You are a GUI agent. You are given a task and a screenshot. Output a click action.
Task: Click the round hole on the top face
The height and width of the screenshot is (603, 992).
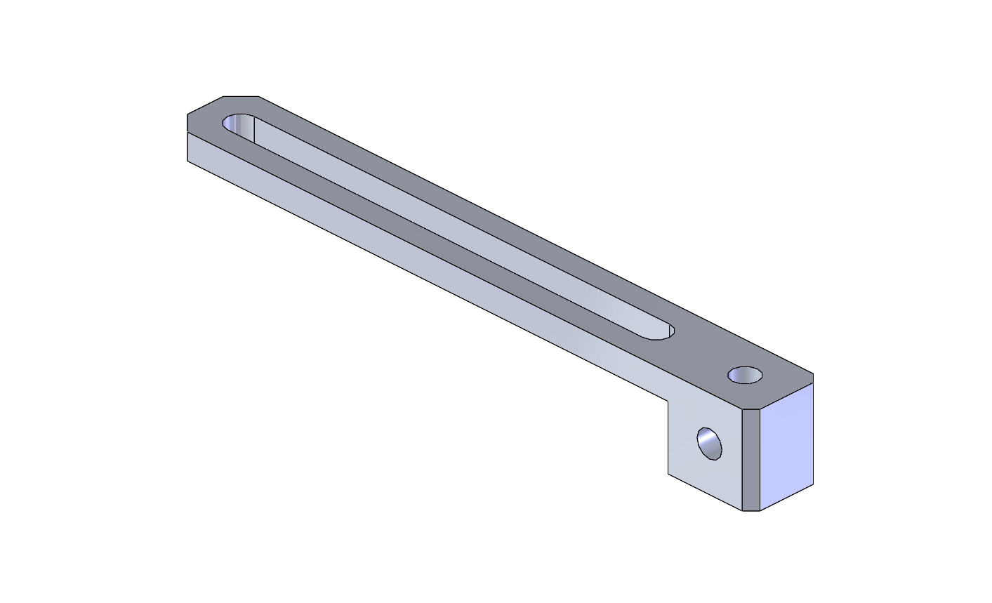[x=745, y=375]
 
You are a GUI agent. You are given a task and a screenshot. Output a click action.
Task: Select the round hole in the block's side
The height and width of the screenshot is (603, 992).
[x=709, y=443]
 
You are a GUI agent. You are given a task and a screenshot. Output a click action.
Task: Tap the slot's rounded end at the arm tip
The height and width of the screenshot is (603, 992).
[x=234, y=123]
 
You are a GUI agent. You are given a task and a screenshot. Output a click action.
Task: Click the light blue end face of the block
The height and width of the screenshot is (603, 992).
[x=787, y=446]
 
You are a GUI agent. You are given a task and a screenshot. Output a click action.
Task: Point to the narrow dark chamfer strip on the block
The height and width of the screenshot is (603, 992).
[x=751, y=460]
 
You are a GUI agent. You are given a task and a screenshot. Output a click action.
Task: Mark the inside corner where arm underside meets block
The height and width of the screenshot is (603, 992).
[x=668, y=401]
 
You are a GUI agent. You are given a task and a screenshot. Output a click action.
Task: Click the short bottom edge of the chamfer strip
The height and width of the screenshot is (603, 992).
[x=751, y=511]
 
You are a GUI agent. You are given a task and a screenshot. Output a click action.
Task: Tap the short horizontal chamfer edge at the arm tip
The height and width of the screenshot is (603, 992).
[x=241, y=96]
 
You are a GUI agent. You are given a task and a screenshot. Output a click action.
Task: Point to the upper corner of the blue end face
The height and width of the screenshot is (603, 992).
[x=813, y=383]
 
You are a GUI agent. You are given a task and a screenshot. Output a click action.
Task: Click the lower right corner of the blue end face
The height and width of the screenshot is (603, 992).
[x=813, y=484]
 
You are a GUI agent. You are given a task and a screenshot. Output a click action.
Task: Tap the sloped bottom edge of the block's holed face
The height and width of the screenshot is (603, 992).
[x=705, y=492]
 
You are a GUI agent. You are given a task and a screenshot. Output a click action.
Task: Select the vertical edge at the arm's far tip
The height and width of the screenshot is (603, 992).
[x=187, y=147]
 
